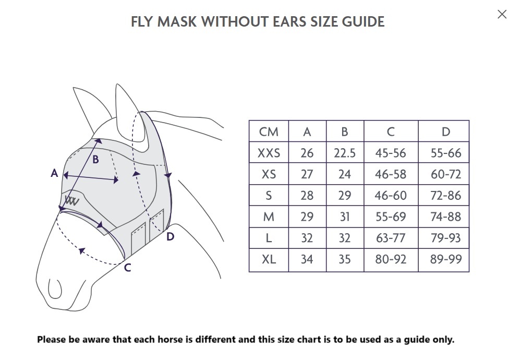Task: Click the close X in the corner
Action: (x=502, y=14)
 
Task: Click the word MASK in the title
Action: (x=177, y=22)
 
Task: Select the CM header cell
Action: (x=269, y=131)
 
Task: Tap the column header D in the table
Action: (x=446, y=131)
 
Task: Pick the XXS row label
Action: (x=269, y=153)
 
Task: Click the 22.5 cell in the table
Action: (x=345, y=153)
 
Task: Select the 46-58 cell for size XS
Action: (x=391, y=174)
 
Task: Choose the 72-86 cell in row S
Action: (x=446, y=196)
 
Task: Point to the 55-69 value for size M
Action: (x=391, y=217)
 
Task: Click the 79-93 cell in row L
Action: (x=446, y=238)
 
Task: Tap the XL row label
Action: (x=269, y=259)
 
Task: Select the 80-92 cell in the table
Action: (x=391, y=259)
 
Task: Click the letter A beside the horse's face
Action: (x=54, y=173)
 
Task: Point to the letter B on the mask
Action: (x=95, y=160)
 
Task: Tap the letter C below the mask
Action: (x=128, y=268)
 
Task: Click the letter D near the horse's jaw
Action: (x=171, y=237)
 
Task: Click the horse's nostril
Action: (x=55, y=289)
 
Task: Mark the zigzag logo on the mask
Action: (x=72, y=200)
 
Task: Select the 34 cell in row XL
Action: (x=307, y=259)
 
